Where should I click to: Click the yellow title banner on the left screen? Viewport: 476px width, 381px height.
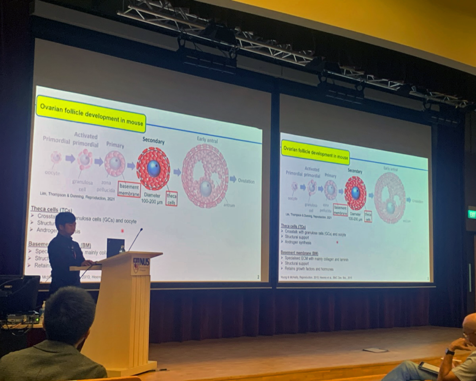[91, 114]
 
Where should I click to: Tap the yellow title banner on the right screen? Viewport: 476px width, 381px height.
[315, 152]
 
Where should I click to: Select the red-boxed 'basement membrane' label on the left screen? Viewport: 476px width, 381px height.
[129, 189]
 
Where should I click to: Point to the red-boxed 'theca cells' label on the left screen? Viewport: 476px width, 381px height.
[171, 198]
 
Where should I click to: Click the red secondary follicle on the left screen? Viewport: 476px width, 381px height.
[153, 168]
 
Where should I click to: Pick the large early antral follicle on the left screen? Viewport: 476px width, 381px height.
[205, 175]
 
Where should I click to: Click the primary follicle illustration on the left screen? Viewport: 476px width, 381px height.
[115, 163]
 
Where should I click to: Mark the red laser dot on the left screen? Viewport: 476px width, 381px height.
[122, 230]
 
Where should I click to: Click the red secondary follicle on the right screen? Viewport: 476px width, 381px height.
[356, 193]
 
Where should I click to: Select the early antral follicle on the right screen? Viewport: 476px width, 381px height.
[390, 197]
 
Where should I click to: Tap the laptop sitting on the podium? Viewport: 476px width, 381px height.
[115, 247]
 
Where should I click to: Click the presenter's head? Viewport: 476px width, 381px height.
[66, 223]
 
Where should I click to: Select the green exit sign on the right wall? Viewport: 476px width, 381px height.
[471, 214]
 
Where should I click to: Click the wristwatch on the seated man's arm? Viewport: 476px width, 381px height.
[450, 352]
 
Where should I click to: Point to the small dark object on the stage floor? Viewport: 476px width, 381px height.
[375, 350]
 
